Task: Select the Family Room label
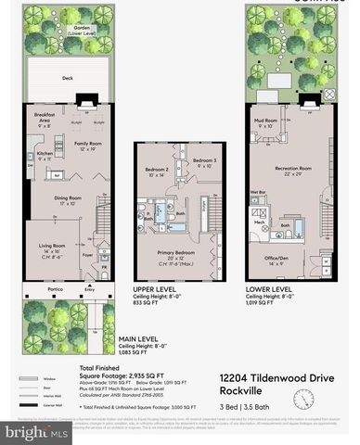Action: [x=88, y=144]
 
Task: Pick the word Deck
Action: [x=68, y=79]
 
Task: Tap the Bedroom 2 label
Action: [x=156, y=170]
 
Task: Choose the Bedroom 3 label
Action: [x=203, y=161]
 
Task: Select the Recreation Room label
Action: [x=292, y=169]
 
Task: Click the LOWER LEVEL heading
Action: [x=269, y=289]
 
